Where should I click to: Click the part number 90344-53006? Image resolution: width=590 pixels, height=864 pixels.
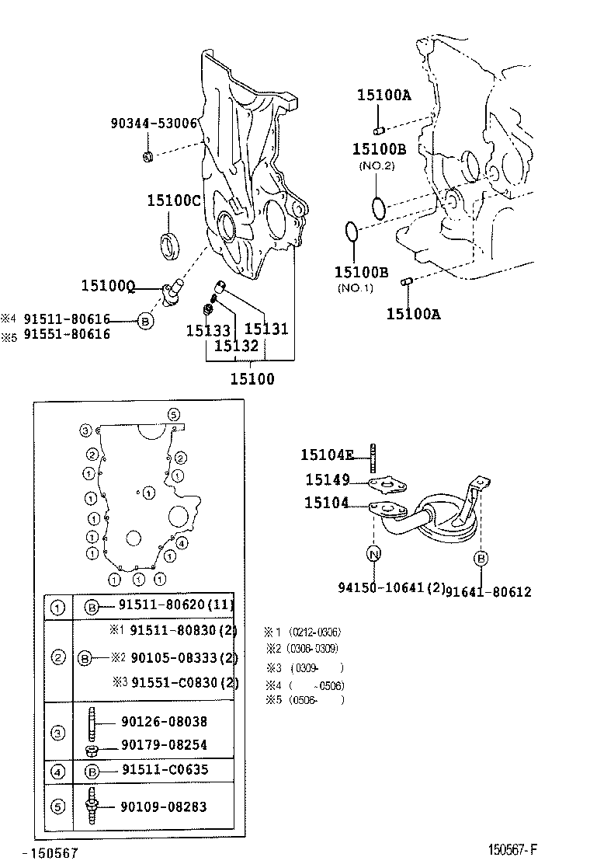click(x=153, y=123)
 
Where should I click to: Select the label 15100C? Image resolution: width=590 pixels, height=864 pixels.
click(x=174, y=200)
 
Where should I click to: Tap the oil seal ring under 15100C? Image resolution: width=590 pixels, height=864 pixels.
click(x=172, y=242)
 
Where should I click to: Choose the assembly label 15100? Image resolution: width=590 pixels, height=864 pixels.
click(x=252, y=378)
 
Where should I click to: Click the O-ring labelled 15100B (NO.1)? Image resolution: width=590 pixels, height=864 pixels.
click(x=351, y=232)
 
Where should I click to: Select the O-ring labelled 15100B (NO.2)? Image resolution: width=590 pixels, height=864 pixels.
click(x=378, y=207)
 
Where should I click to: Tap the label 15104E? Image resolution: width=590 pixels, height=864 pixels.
click(x=327, y=455)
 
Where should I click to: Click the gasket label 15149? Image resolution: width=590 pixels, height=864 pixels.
click(x=327, y=480)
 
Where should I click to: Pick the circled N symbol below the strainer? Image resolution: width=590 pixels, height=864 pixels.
click(x=373, y=554)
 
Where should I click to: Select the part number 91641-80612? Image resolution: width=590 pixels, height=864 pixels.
click(x=488, y=591)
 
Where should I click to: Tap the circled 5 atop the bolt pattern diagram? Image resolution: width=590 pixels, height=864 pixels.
click(x=174, y=413)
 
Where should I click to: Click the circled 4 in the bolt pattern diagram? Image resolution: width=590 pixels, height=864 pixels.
click(x=182, y=542)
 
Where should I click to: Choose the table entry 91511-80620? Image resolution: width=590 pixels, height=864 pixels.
click(x=170, y=605)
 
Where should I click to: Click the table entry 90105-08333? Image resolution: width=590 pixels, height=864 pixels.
click(x=178, y=657)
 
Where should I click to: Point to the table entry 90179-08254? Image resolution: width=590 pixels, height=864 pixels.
click(x=164, y=744)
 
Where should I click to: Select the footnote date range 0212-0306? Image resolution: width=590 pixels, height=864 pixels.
click(x=314, y=632)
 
